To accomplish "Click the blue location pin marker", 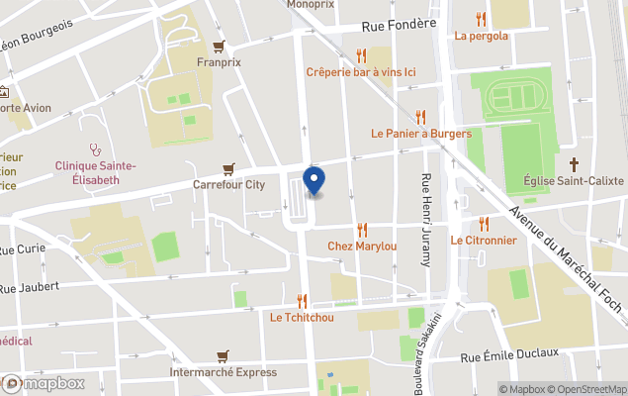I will [314, 180].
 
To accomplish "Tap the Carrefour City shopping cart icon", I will [229, 168].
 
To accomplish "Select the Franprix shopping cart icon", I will [219, 46].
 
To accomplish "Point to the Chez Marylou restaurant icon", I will [362, 229].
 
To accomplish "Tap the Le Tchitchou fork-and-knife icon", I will [303, 301].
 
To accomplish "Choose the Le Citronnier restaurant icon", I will [484, 224].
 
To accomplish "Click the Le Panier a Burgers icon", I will [421, 117].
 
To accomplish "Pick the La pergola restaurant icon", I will [482, 19].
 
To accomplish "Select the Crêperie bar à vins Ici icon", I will [361, 55].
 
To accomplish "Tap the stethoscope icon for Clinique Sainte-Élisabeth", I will [95, 149].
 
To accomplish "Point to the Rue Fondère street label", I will [400, 26].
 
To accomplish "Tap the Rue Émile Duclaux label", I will [509, 354].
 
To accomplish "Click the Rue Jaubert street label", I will [30, 287].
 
